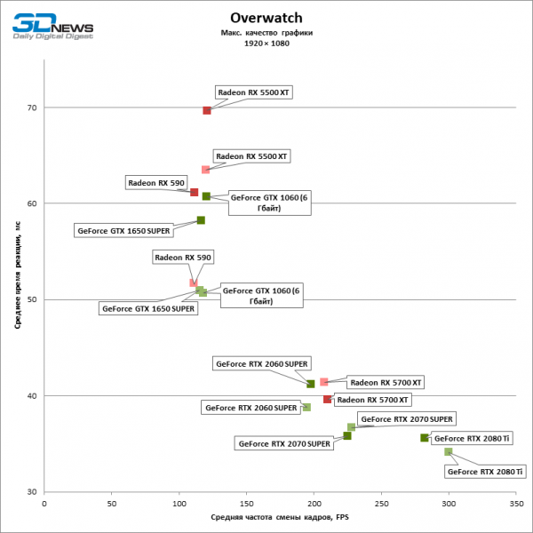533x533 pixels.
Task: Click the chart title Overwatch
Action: [266, 17]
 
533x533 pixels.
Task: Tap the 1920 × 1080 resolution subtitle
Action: [266, 43]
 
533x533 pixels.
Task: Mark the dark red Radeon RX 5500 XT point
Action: [207, 110]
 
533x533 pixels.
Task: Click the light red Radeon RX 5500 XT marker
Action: [205, 169]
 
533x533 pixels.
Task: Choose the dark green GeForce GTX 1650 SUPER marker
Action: [201, 220]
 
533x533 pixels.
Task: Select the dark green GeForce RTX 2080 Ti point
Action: [425, 437]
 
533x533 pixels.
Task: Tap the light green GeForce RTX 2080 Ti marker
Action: [448, 451]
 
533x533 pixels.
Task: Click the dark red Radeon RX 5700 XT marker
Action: [327, 399]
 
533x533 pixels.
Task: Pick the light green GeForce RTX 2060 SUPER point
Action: [306, 407]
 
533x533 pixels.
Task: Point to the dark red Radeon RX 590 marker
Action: [194, 192]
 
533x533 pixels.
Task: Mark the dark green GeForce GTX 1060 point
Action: [206, 196]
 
